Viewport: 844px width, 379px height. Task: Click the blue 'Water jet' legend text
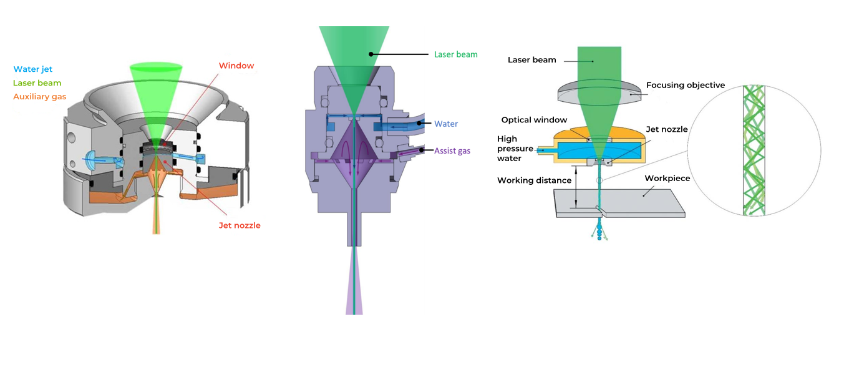point(32,69)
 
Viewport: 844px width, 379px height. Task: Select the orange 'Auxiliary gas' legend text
point(39,97)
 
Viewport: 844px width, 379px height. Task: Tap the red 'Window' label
point(236,66)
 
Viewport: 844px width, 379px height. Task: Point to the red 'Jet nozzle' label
point(239,225)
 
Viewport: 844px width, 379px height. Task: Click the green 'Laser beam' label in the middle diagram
point(455,54)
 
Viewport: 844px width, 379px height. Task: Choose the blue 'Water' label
point(446,124)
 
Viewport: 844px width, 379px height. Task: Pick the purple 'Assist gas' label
point(452,150)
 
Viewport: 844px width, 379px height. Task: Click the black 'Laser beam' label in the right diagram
point(531,60)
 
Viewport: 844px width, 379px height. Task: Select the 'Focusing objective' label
point(685,85)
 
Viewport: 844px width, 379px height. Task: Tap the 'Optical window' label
point(534,120)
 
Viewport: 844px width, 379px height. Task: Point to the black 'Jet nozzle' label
point(666,129)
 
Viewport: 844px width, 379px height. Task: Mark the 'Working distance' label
point(534,180)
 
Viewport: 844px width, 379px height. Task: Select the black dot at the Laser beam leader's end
point(371,54)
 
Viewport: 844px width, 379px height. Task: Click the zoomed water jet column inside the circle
point(754,150)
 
